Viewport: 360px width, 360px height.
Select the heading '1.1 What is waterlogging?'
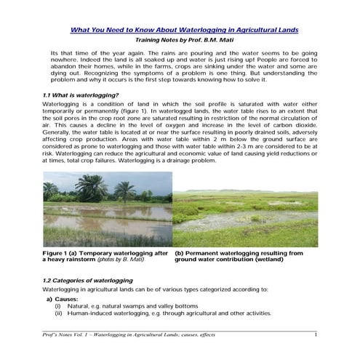[78, 95]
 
